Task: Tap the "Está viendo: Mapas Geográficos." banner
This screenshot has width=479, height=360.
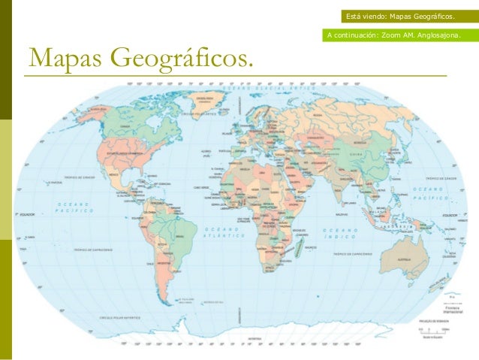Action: [400, 16]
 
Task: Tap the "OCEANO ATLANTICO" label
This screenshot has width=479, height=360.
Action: [221, 233]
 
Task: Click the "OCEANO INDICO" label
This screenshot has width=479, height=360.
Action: [339, 232]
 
